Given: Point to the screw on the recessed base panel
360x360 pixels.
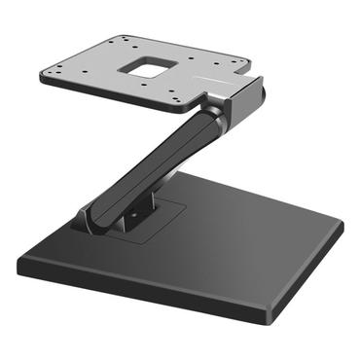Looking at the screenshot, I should pos(155,206).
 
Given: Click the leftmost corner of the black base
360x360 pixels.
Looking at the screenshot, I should pos(18,262).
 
